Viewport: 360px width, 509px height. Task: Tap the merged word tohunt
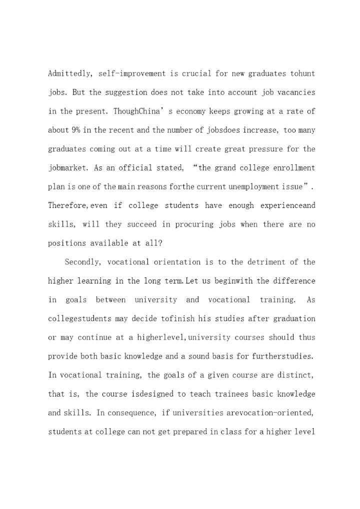coord(303,73)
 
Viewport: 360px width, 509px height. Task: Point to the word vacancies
coord(296,92)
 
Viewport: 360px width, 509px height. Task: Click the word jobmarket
coord(68,168)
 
